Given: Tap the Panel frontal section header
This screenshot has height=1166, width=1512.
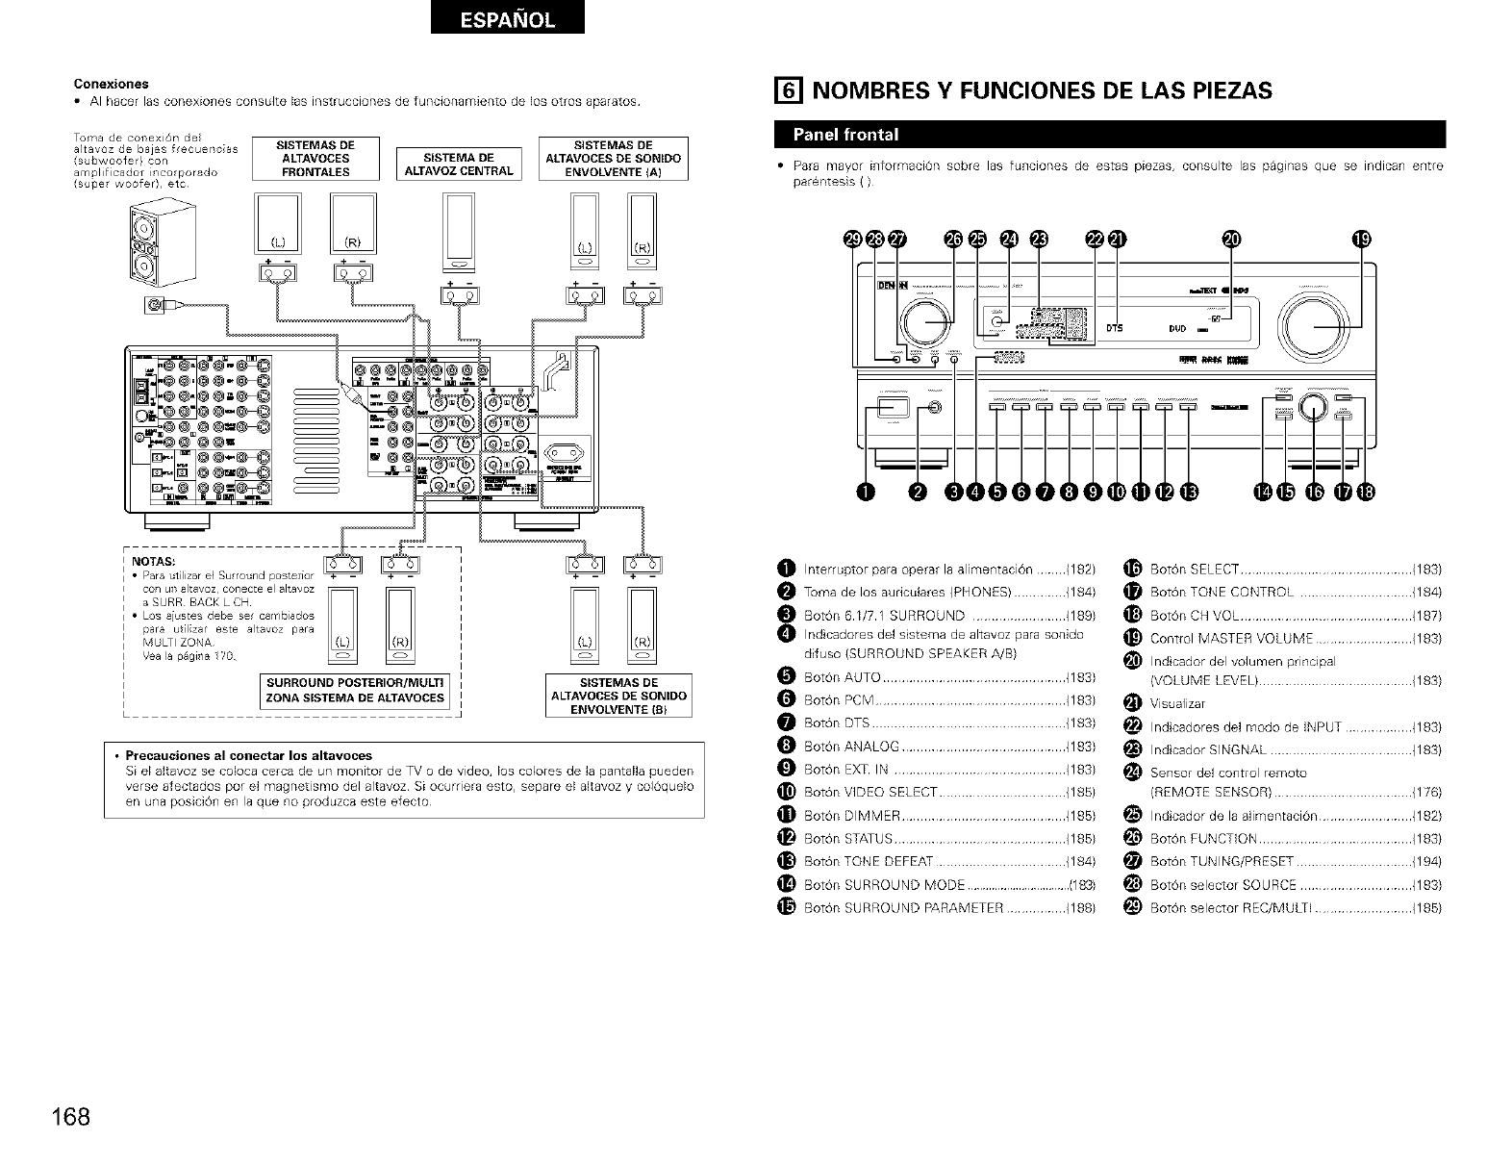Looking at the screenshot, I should click(x=846, y=134).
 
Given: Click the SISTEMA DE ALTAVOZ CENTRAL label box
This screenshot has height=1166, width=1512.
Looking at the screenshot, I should click(x=459, y=165).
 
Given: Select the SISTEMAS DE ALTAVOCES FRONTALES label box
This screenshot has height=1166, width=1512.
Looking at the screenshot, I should click(x=315, y=159).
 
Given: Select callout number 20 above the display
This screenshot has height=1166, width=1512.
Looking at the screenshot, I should click(x=1232, y=241).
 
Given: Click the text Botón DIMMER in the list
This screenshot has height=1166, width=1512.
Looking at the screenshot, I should click(x=851, y=816).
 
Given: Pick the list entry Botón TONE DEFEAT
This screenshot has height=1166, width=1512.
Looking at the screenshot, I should click(x=868, y=862).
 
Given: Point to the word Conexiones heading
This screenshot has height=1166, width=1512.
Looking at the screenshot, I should click(x=112, y=83).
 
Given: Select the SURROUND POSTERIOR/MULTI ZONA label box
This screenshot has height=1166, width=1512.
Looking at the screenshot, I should click(x=355, y=692).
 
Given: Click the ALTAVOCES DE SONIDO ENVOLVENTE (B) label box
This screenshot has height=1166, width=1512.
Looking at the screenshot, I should click(x=618, y=697).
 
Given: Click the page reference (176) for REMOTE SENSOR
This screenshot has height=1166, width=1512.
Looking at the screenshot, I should click(x=1427, y=793).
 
